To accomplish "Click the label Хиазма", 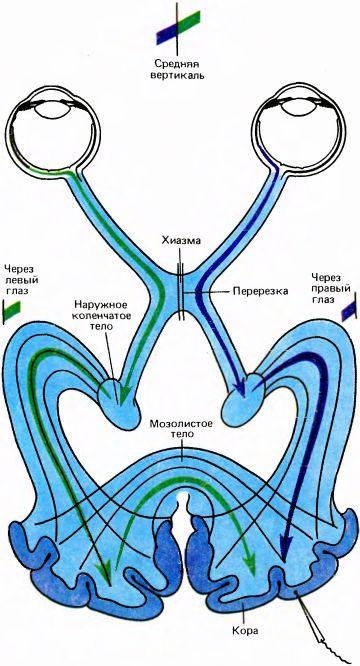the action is pos(181,240).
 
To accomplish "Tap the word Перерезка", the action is pos(260,291).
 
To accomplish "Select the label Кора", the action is pos(246,630).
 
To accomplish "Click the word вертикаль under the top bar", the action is pos(180,76).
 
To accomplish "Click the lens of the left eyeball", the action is pos(51,105).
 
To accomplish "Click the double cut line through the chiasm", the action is pos(182,291).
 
